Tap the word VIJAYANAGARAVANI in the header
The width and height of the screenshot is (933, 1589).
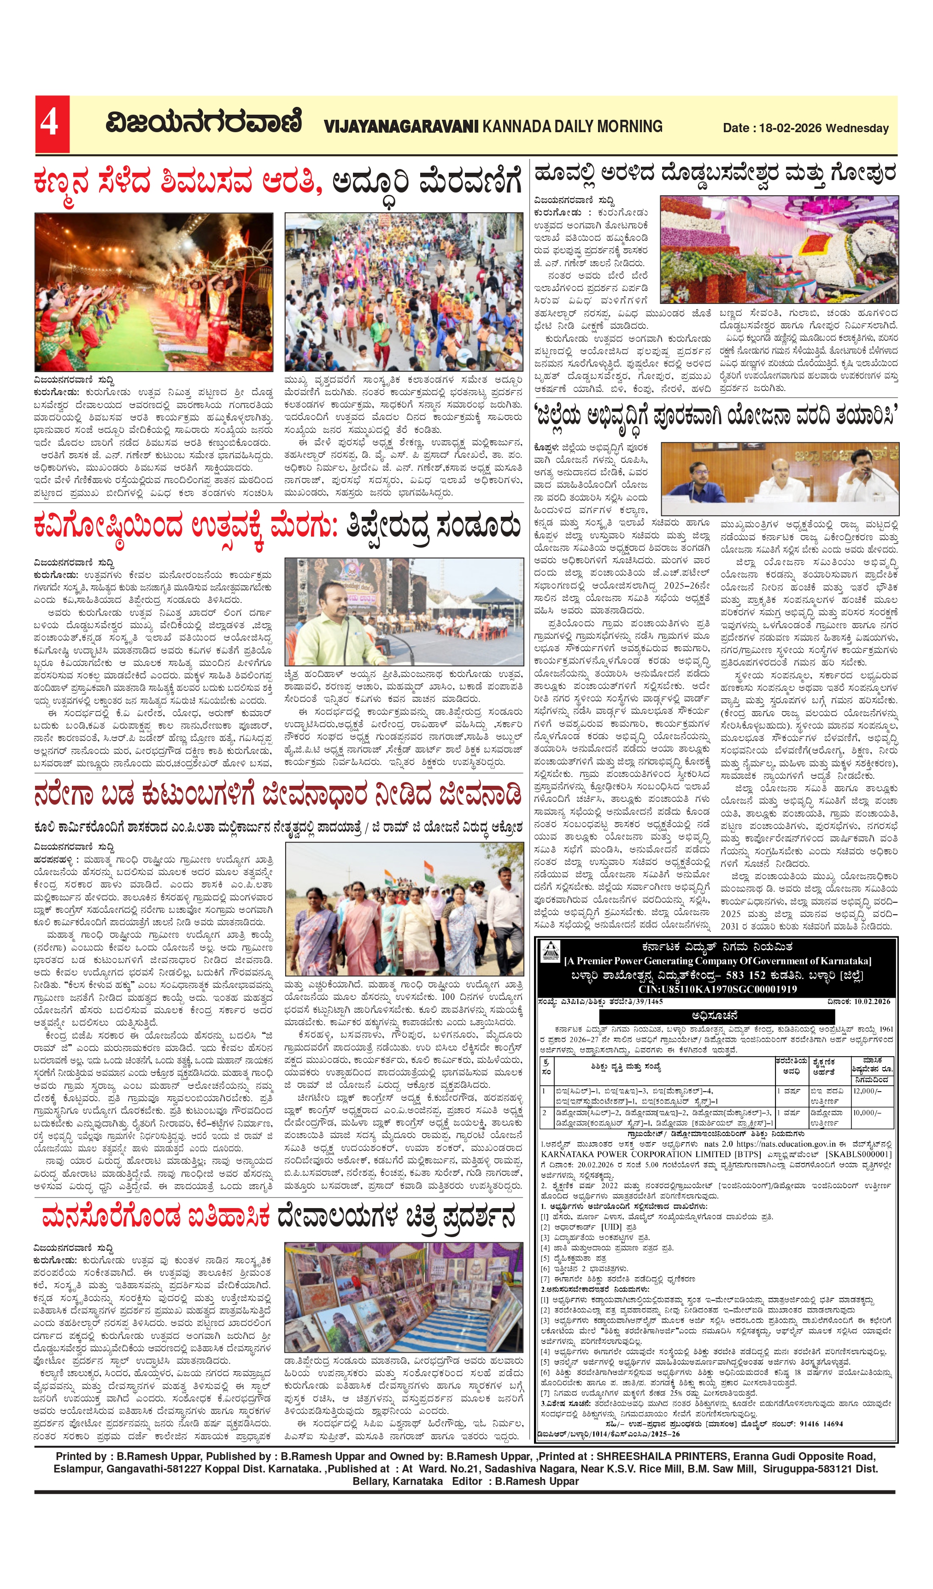tap(401, 127)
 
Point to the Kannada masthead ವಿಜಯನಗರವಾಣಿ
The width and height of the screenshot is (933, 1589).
tap(203, 123)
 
